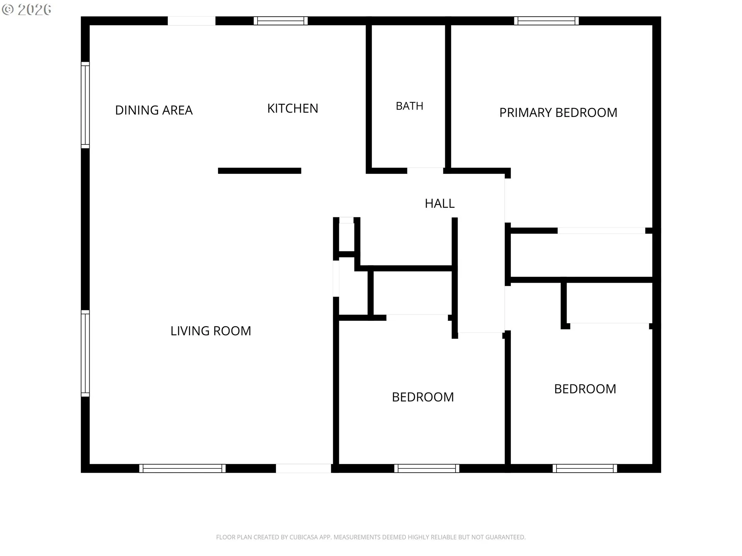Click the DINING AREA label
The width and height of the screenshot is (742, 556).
point(154,110)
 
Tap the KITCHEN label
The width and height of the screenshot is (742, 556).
point(293,108)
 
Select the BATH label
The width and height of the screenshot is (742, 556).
point(409,106)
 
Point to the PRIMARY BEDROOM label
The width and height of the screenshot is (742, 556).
point(558,113)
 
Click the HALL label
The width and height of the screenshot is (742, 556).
point(439,203)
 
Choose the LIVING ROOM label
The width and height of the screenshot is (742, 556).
point(211,331)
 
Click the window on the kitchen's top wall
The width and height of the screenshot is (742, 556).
point(281,21)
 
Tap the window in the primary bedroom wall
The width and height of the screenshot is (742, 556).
point(546,21)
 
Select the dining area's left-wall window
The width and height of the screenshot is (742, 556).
point(85,105)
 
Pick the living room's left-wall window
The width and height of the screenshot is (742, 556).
point(85,353)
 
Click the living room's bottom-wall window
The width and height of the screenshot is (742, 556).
point(182,468)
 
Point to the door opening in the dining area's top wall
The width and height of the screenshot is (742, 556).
point(191,21)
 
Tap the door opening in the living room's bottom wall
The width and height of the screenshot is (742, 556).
point(303,468)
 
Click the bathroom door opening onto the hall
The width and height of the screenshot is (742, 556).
point(425,171)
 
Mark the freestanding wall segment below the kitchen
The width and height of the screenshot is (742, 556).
point(260,171)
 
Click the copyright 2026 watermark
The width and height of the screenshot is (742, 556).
point(27,10)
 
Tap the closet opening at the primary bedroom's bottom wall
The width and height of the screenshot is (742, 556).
point(601,231)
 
